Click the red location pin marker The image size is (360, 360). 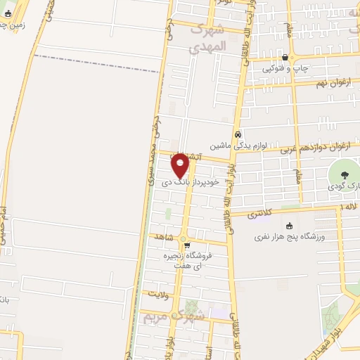(x=181, y=164)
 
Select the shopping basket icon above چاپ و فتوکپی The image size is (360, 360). (x=284, y=58)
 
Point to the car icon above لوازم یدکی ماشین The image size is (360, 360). (x=238, y=133)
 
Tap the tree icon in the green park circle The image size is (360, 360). (x=344, y=175)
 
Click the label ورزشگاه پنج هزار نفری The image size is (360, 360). (x=290, y=237)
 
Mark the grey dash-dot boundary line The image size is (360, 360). (x=91, y=62)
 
